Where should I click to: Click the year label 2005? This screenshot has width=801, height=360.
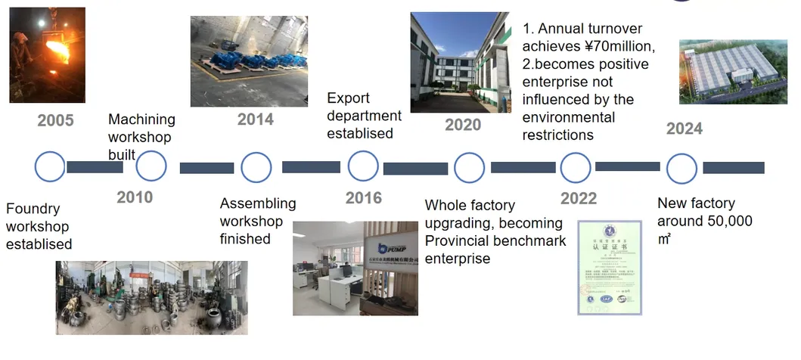[55, 120]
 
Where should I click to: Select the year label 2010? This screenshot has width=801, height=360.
[135, 197]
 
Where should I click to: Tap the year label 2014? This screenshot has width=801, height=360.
[255, 119]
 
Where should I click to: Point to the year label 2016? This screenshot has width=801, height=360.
[364, 198]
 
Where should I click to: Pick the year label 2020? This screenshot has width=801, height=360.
[463, 125]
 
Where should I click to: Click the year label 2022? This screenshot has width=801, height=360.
[579, 198]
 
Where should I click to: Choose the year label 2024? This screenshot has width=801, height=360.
[684, 129]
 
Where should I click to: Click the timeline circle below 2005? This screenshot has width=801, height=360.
[50, 167]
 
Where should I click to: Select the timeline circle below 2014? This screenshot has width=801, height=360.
[256, 167]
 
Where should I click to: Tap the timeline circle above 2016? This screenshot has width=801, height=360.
[363, 166]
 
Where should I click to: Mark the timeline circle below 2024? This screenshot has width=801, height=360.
[681, 168]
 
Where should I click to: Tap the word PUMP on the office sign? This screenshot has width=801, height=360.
[396, 248]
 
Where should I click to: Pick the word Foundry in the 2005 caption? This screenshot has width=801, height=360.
[33, 209]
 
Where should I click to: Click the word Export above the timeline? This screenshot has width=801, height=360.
[348, 98]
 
